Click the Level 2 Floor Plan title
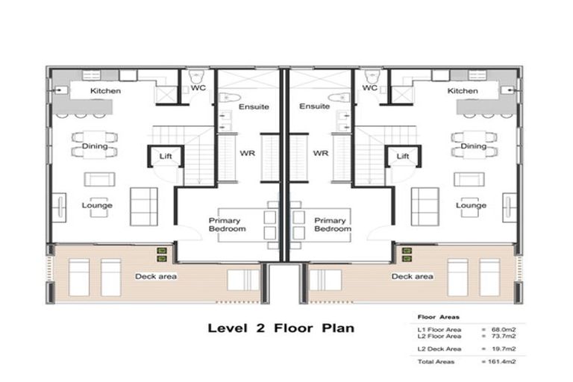click(x=281, y=328)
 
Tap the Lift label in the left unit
click(x=166, y=156)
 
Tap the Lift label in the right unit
click(x=403, y=156)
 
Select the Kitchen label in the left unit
click(x=105, y=91)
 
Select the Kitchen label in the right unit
click(x=463, y=91)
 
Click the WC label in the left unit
click(x=198, y=88)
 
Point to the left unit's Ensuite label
click(x=254, y=107)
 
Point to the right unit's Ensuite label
click(x=315, y=107)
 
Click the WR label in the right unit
click(x=321, y=154)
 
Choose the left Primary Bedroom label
click(x=228, y=225)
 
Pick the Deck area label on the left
click(x=155, y=276)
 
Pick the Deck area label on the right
click(x=413, y=276)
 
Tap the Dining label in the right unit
click(x=473, y=146)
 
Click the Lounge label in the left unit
click(x=98, y=205)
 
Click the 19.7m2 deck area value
click(x=507, y=348)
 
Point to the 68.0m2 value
click(x=507, y=329)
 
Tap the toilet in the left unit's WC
click(x=197, y=75)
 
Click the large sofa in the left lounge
click(x=144, y=206)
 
